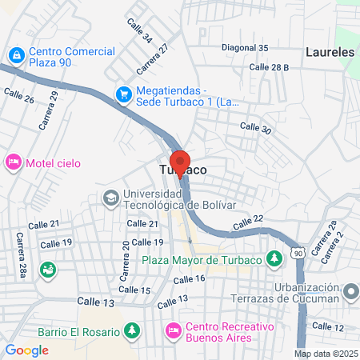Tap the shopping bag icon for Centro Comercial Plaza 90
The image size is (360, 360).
coord(15,55)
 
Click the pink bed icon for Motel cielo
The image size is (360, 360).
coord(13,162)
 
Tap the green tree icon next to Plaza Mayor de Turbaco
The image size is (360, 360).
coord(274,258)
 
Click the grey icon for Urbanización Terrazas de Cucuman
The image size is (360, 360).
coord(350,292)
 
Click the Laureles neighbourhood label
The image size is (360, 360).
coord(330,53)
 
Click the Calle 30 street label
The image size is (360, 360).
coord(256,127)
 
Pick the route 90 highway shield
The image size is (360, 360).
coord(298,253)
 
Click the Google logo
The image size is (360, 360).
coord(26,350)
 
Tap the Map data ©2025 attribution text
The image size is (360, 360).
coord(325,353)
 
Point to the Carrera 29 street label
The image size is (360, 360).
coord(48,110)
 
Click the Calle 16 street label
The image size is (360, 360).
coord(190,278)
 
